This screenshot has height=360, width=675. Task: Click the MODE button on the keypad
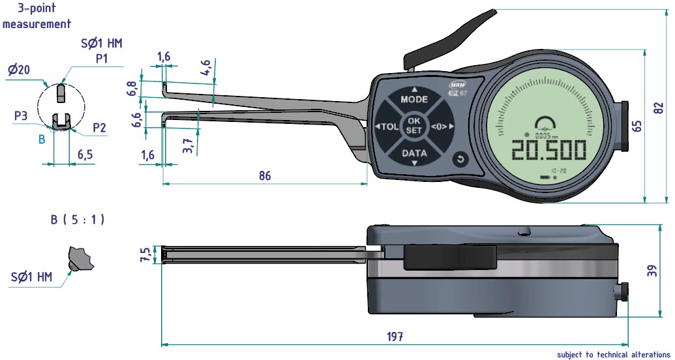pyautogui.click(x=414, y=99)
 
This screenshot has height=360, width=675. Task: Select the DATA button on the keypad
pyautogui.click(x=414, y=154)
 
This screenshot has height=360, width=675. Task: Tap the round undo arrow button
pyautogui.click(x=459, y=159)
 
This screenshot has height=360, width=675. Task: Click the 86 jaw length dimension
pyautogui.click(x=265, y=176)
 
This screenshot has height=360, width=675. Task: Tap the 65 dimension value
pyautogui.click(x=637, y=125)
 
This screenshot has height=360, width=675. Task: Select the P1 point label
pyautogui.click(x=101, y=58)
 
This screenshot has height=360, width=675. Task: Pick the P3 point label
pyautogui.click(x=21, y=115)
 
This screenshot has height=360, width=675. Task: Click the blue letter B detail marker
pyautogui.click(x=42, y=139)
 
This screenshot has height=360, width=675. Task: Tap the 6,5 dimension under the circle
pyautogui.click(x=86, y=155)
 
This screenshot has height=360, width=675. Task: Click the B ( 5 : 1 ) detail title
pyautogui.click(x=78, y=220)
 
